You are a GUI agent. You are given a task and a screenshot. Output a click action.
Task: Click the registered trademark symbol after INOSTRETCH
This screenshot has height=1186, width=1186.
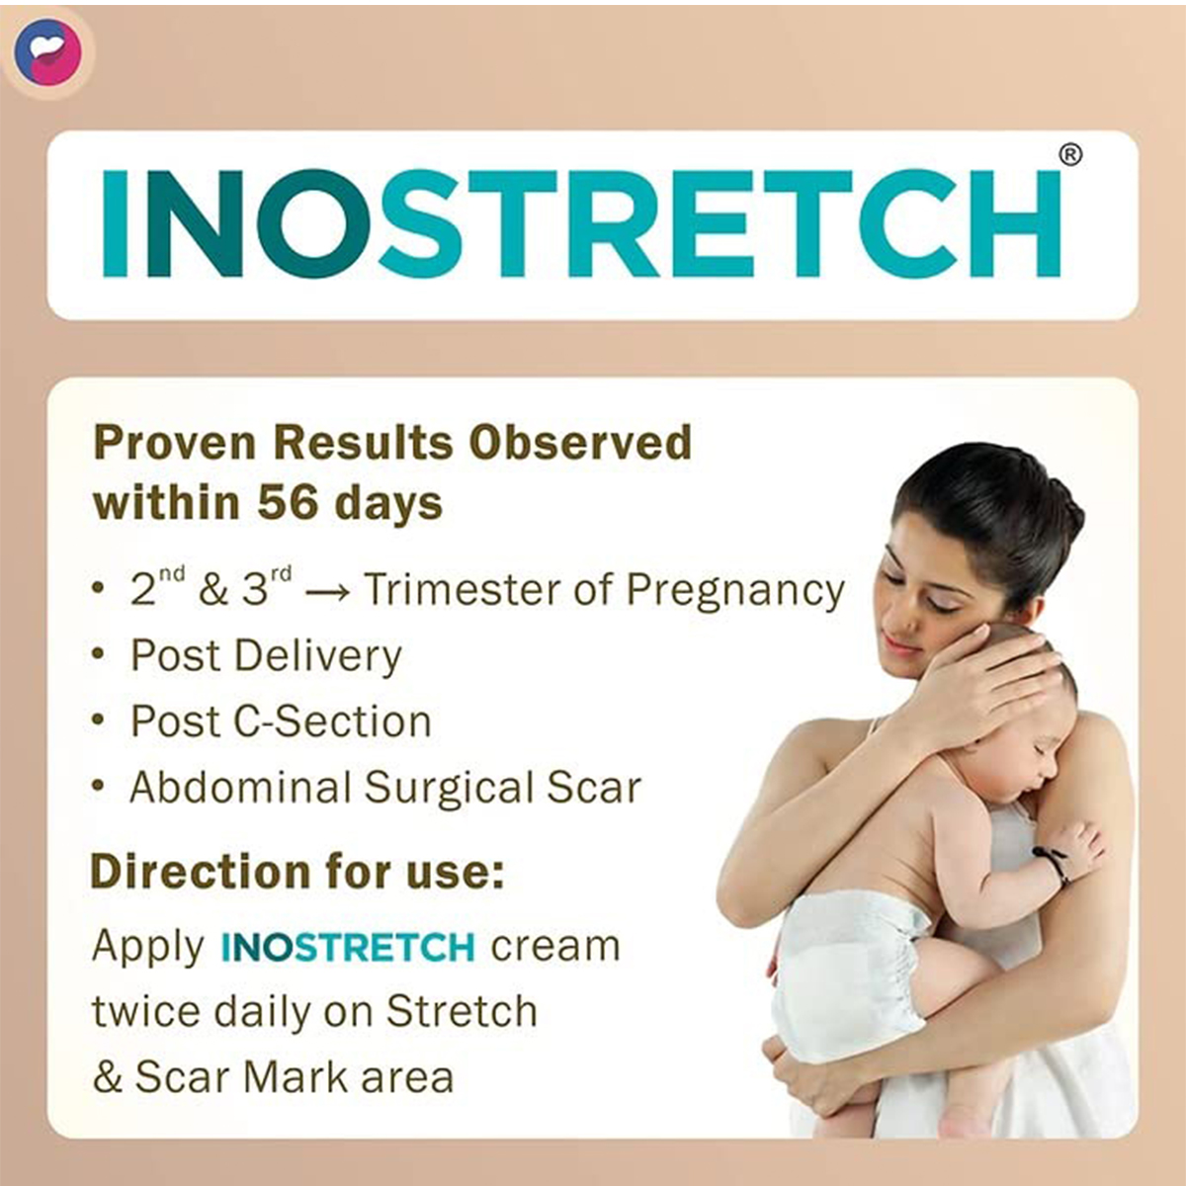coord(1070,155)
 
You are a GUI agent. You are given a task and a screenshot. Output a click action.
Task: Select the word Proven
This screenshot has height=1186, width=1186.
coord(174,442)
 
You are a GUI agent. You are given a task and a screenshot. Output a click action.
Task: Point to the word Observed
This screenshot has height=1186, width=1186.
coord(580,442)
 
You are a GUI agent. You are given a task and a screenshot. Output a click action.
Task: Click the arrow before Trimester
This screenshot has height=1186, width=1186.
coord(327,593)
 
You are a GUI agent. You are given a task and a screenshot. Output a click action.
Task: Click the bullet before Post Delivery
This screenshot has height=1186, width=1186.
coord(98,654)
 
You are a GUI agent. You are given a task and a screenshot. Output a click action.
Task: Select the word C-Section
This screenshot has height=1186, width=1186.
coord(332,721)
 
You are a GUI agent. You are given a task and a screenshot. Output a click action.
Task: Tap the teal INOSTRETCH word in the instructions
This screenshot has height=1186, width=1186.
coord(348,947)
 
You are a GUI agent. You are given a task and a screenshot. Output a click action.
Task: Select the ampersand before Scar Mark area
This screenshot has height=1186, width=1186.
coord(107,1077)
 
